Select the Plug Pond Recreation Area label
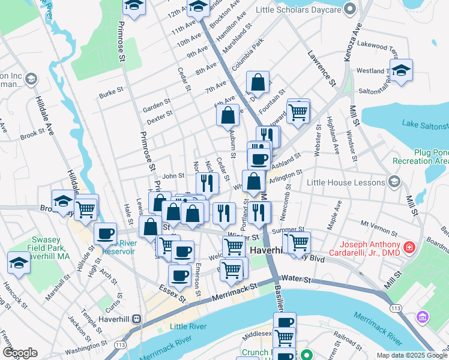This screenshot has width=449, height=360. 420,157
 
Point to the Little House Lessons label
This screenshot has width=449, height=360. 345,182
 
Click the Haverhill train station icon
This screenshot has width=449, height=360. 136,319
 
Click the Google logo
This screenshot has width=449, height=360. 20,352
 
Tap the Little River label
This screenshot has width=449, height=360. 188,326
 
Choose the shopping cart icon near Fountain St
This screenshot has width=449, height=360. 298,112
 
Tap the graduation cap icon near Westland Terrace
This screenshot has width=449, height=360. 401,69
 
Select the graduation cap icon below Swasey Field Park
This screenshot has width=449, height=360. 19,263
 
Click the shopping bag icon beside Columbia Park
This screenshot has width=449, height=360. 258,83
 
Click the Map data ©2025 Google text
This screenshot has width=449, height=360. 411,355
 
